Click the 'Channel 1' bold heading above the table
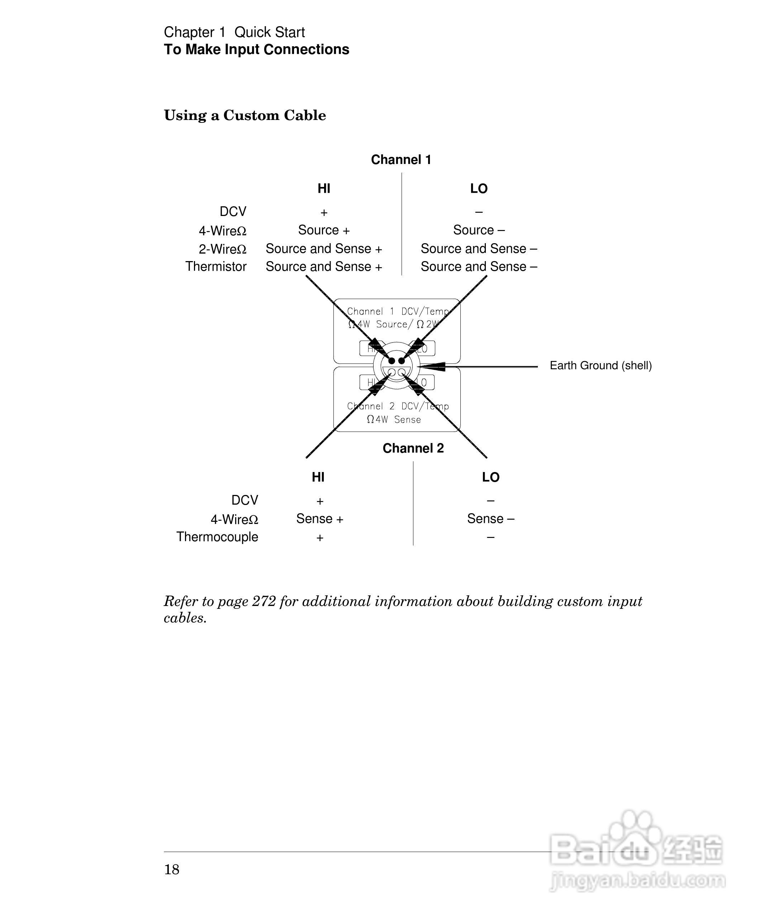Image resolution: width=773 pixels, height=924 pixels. pyautogui.click(x=401, y=160)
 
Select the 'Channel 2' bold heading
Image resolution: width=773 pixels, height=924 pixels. pyautogui.click(x=413, y=448)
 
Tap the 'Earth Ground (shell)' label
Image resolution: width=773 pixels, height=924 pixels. pyautogui.click(x=600, y=366)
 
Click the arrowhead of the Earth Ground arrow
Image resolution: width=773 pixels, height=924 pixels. pyautogui.click(x=434, y=366)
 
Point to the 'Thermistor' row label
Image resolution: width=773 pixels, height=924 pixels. pyautogui.click(x=216, y=267)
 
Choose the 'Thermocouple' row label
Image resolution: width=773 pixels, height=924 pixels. pyautogui.click(x=217, y=537)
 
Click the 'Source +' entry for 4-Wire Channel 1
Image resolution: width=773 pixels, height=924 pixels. pyautogui.click(x=324, y=230)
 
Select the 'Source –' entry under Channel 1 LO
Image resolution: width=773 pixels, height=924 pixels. pyautogui.click(x=479, y=230)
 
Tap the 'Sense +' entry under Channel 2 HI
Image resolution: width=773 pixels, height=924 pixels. pyautogui.click(x=319, y=519)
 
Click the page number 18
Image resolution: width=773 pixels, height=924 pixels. pyautogui.click(x=172, y=870)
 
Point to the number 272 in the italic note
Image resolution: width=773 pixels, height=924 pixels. pyautogui.click(x=264, y=601)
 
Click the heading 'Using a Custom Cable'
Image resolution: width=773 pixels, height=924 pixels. pyautogui.click(x=245, y=116)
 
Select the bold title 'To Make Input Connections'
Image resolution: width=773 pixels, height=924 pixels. pyautogui.click(x=256, y=50)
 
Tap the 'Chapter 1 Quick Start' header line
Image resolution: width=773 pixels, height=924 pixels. pyautogui.click(x=234, y=32)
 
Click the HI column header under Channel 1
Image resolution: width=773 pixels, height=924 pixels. pyautogui.click(x=324, y=189)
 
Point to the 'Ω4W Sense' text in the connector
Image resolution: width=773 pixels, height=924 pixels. pyautogui.click(x=394, y=420)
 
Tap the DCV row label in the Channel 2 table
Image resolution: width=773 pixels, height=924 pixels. pyautogui.click(x=245, y=500)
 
